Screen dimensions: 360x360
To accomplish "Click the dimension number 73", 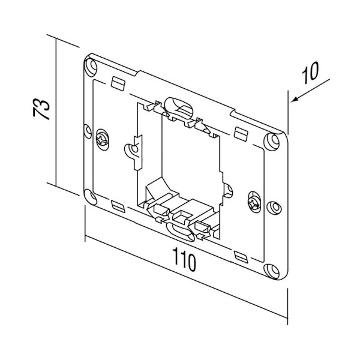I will coord(41,111).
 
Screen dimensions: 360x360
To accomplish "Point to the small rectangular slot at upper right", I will coord(240,132).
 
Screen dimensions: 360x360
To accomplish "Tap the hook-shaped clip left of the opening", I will coord(134,148).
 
